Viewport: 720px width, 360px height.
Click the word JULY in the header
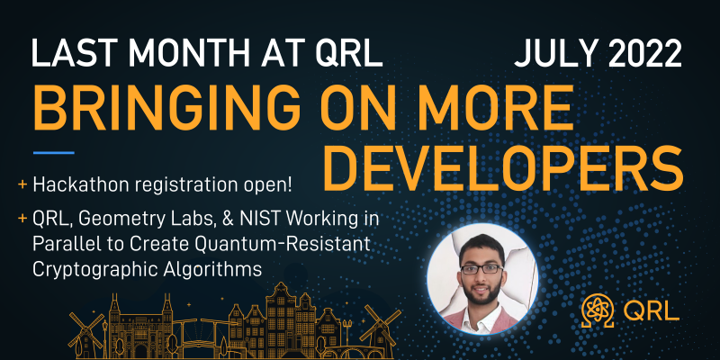pos(549,53)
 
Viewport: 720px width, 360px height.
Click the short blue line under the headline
pos(53,152)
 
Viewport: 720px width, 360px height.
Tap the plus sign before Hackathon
pos(22,185)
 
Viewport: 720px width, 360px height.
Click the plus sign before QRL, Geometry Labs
pos(22,219)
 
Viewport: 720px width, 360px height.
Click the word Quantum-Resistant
pos(282,244)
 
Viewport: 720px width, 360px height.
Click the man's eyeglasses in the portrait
pos(481,269)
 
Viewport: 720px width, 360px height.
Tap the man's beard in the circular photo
pos(481,292)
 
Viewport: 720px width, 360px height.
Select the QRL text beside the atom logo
pos(651,310)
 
